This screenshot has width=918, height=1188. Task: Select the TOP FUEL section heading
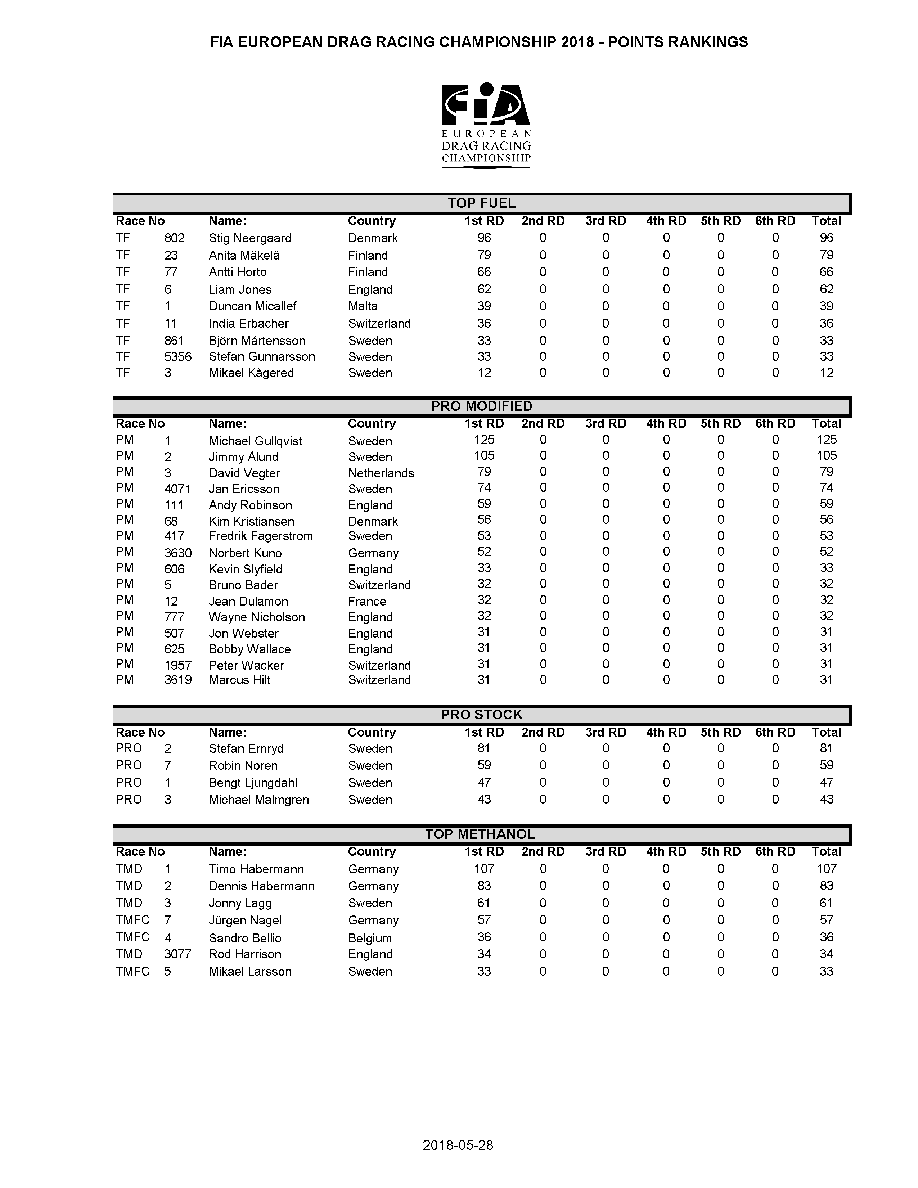(x=481, y=203)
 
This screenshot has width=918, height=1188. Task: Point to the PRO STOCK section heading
(x=481, y=715)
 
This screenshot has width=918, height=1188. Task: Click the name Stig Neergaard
(x=249, y=238)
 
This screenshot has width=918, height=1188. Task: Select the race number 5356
(x=178, y=357)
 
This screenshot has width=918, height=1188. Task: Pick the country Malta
(x=363, y=306)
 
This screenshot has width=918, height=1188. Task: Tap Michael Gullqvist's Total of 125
(x=826, y=440)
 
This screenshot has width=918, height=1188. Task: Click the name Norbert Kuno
(x=245, y=553)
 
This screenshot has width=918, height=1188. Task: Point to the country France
(x=367, y=601)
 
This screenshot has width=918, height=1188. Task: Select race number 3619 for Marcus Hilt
(x=178, y=680)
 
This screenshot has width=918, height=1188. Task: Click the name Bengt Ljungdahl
(x=253, y=783)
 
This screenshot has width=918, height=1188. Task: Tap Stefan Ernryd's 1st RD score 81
(x=483, y=748)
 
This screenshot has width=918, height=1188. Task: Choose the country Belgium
(x=370, y=938)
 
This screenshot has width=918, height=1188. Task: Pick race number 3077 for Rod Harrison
(x=177, y=954)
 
